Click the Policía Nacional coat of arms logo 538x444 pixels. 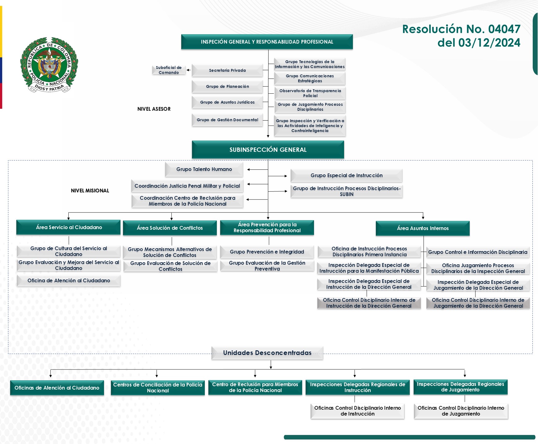click(49, 65)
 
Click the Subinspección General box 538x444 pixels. click(268, 150)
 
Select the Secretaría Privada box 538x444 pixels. click(227, 70)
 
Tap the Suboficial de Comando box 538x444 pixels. click(169, 70)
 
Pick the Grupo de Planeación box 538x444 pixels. click(227, 87)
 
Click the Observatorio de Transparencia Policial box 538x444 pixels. click(310, 93)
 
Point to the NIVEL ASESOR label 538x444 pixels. click(154, 109)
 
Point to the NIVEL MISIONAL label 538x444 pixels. click(90, 190)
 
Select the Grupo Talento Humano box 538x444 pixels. click(204, 169)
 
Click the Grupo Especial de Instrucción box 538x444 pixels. click(346, 175)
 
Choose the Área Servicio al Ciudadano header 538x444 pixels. click(68, 227)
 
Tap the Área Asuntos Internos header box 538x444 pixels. click(423, 228)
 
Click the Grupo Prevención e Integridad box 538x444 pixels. click(267, 252)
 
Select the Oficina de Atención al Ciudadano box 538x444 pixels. click(68, 280)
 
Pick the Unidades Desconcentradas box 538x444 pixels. click(267, 353)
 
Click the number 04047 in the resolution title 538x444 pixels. click(504, 29)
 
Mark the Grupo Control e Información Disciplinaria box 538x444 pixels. click(478, 252)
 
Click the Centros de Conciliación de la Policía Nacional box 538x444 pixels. click(158, 387)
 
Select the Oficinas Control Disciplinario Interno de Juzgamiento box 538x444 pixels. click(461, 411)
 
